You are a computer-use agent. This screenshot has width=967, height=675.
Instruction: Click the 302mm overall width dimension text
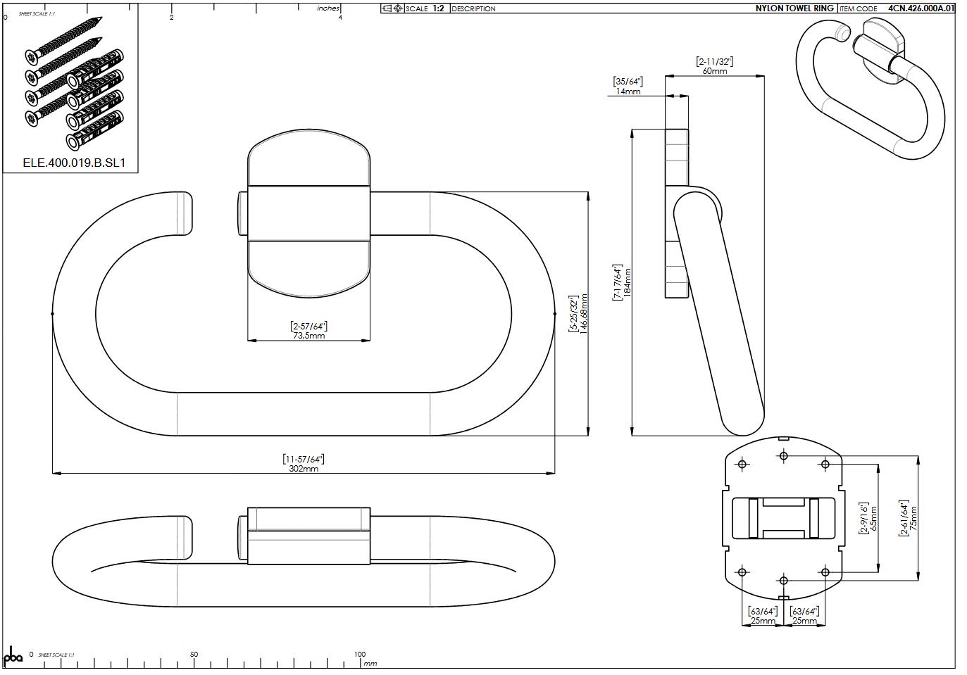coord(304,469)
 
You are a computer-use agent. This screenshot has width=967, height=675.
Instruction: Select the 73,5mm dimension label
coord(308,336)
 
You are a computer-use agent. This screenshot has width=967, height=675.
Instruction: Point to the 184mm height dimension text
coord(628,282)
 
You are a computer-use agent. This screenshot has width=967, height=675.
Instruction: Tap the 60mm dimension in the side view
coord(714,71)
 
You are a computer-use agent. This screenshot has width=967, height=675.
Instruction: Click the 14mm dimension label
coord(628,92)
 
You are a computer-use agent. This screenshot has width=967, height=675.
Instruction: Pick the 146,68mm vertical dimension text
coord(583,314)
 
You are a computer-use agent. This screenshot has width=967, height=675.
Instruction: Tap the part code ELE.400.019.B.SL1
coord(73,163)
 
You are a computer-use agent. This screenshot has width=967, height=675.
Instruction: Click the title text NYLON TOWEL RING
coord(794,8)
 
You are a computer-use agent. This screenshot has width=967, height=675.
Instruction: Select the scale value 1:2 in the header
coord(438,8)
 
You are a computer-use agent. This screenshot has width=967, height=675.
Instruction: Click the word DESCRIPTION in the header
coord(473,9)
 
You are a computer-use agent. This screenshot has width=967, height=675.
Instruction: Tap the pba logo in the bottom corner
coord(13,656)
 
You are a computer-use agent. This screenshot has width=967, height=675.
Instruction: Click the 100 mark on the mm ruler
coord(360,654)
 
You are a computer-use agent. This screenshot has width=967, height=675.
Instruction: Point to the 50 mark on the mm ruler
coord(194,654)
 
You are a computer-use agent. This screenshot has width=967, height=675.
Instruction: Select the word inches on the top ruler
coord(328,8)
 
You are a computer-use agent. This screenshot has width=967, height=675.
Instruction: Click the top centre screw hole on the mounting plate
coord(783,456)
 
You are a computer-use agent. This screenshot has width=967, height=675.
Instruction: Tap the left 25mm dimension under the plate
coord(763,621)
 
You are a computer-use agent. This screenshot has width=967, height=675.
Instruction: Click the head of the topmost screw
coord(32,56)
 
